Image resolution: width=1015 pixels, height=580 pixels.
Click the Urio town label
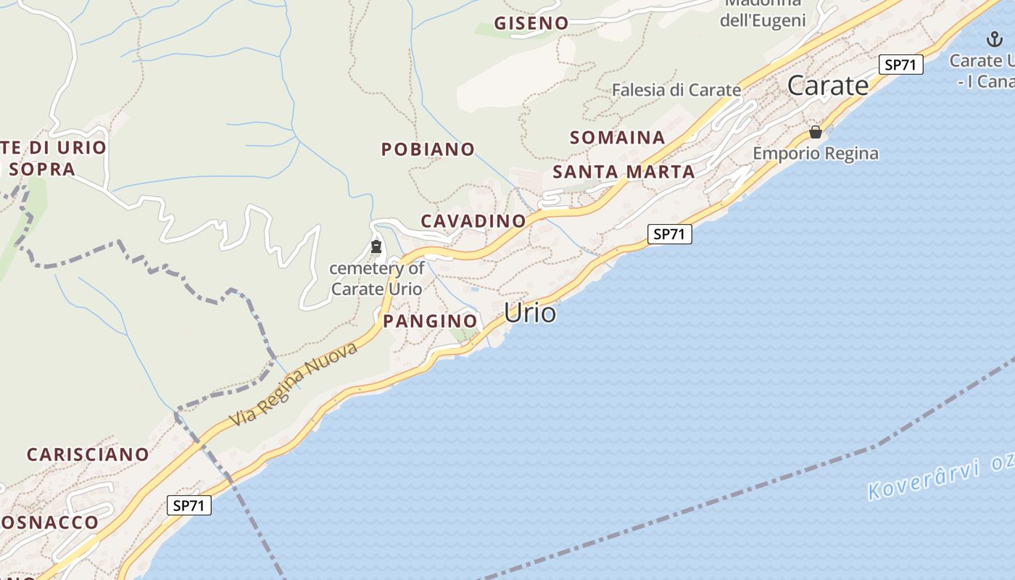pos(530,313)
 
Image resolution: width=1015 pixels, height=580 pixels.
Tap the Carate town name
pos(827,86)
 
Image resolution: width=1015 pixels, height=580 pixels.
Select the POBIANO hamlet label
pos(428,149)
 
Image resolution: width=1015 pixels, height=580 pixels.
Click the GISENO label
pos(531,23)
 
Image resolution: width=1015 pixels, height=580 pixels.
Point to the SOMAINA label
pos(617,137)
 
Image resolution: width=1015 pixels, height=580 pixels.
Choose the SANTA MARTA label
pos(623,172)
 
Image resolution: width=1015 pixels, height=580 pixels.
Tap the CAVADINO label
pos(473,220)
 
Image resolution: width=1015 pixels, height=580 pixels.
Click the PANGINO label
pos(430,320)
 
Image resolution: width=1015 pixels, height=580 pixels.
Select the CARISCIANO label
pos(88,455)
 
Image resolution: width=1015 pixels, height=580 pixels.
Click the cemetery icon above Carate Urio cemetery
pos(376,246)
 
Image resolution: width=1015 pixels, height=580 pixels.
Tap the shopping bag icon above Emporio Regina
pos(816,132)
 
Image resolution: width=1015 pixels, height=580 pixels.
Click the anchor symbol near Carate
pos(995,39)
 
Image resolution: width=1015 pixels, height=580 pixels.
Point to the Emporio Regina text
pos(816,154)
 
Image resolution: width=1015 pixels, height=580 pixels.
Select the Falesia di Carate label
pos(676,90)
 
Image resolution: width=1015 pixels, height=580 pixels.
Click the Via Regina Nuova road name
pos(294,384)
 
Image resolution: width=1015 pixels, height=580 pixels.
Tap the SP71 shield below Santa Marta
pos(669,233)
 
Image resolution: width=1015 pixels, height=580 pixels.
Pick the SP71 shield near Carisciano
pos(189,505)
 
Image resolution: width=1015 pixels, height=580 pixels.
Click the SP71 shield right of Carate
pos(900,65)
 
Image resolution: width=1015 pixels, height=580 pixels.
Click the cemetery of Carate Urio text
pos(376,278)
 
